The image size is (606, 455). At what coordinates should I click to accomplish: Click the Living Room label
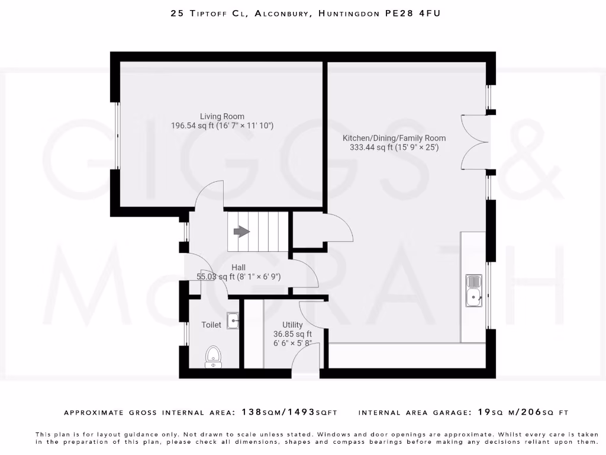tap(222, 116)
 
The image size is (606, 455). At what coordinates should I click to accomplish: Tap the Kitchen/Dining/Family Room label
tap(394, 138)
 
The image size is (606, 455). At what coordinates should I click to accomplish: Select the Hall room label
tap(238, 268)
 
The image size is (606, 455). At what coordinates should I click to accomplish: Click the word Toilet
tap(211, 325)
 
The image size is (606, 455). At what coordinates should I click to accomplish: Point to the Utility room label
tap(292, 325)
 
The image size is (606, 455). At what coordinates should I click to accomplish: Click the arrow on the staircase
tap(241, 232)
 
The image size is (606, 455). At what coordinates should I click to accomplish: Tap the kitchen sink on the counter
tap(474, 291)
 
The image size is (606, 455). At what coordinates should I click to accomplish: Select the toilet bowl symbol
tap(213, 357)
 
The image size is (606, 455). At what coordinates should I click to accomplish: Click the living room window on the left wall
tap(117, 136)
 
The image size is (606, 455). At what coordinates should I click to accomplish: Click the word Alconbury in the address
tap(282, 13)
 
